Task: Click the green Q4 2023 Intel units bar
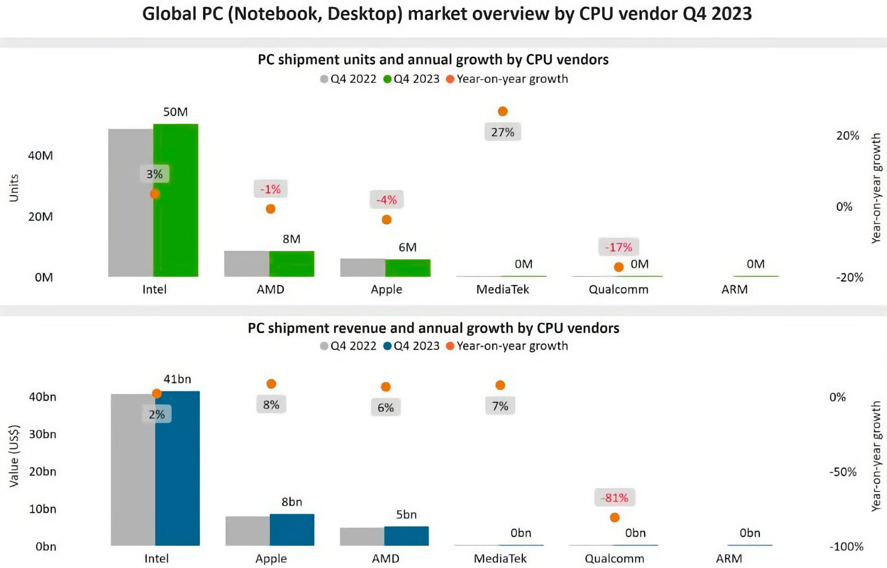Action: point(176,221)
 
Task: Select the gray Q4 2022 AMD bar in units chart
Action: point(246,264)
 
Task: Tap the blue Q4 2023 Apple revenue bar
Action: point(292,530)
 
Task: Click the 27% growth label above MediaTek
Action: point(502,132)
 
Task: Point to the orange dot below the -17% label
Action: point(619,267)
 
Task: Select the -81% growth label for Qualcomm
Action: point(615,498)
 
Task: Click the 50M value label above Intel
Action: point(176,112)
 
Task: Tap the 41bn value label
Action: point(177,379)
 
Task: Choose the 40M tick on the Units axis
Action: point(41,156)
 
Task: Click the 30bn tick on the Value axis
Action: point(43,434)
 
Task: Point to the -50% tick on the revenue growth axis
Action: point(843,472)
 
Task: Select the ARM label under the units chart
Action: point(735,289)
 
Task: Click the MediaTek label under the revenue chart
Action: point(500,558)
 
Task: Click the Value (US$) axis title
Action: point(14,456)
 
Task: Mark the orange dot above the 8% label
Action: point(271,384)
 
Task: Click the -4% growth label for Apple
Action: point(386,200)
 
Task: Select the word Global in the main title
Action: point(169,14)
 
